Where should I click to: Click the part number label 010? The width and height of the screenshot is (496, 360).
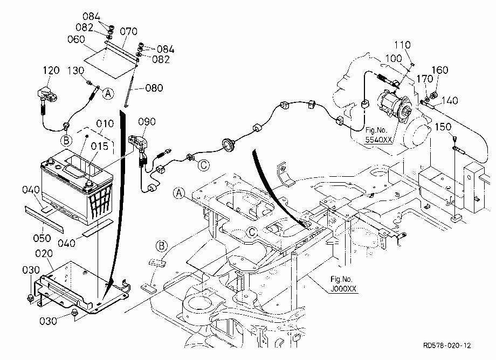(x=105, y=123)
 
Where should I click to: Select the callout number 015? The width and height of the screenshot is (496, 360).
(x=100, y=146)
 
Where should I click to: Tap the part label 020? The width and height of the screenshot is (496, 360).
(x=44, y=253)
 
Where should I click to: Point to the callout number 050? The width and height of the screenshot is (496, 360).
(x=42, y=238)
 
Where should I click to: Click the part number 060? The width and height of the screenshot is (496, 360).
(x=76, y=39)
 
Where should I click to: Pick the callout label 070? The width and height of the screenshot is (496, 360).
(x=129, y=31)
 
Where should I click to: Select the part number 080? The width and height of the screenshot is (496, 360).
(x=154, y=87)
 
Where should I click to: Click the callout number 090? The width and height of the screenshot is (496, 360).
(x=147, y=122)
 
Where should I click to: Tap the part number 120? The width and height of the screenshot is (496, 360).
(x=51, y=70)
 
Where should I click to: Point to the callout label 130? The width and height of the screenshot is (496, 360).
(x=75, y=71)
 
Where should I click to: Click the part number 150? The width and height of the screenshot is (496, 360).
(x=443, y=127)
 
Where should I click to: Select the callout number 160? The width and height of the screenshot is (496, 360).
(x=440, y=70)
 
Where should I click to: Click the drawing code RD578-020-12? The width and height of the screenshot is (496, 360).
(x=447, y=345)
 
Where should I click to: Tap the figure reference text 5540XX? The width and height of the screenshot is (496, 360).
(x=378, y=140)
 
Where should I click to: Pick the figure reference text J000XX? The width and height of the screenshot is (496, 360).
(x=343, y=288)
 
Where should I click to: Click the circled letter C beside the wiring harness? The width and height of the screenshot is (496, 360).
(x=204, y=165)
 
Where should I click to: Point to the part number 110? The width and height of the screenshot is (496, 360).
(x=402, y=45)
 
